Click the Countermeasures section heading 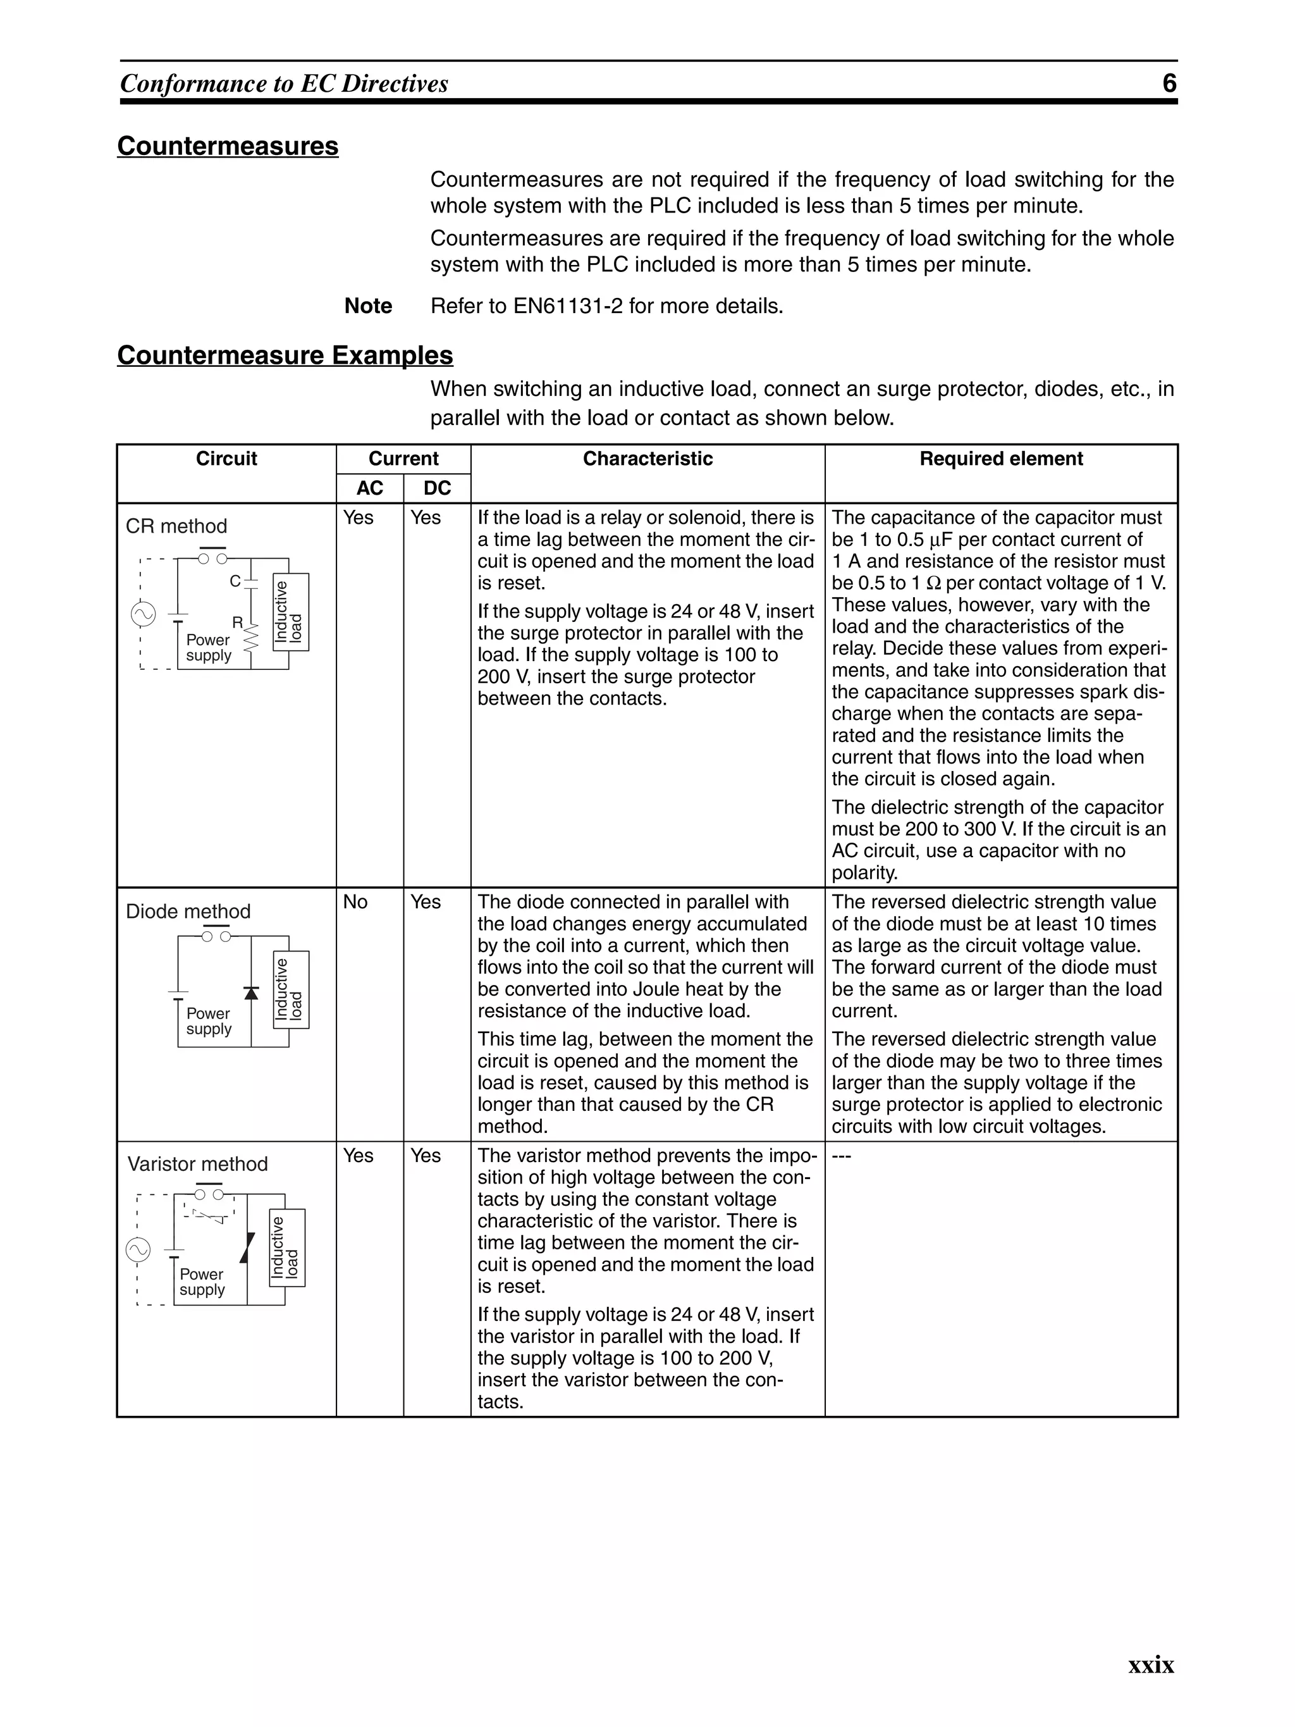[227, 146]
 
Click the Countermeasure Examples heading [285, 356]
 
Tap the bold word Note [367, 306]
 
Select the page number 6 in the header [1169, 84]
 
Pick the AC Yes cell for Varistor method [359, 1156]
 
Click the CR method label [176, 526]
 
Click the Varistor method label [197, 1164]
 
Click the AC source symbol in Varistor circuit [138, 1250]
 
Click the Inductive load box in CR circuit [291, 612]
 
